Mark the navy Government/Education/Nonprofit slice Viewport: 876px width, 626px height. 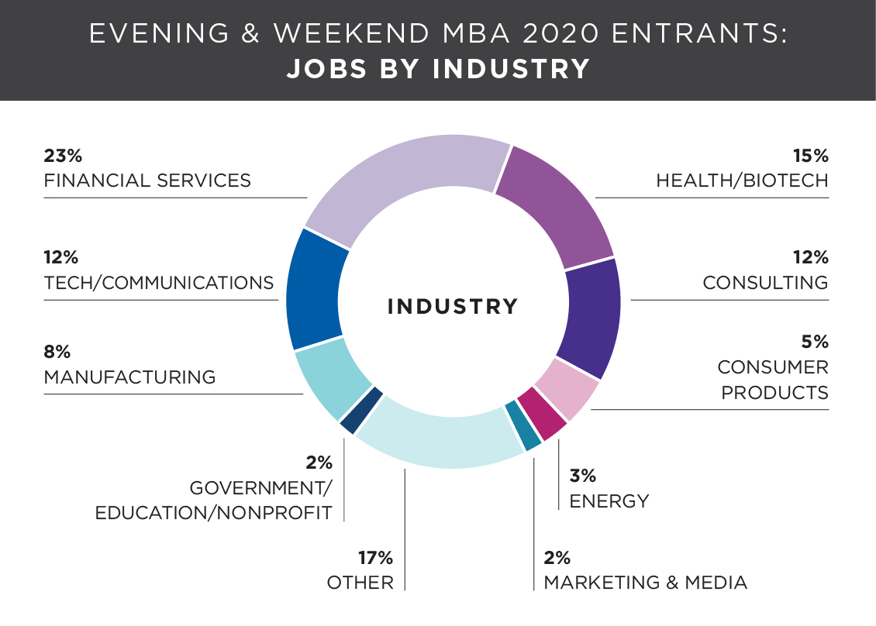pos(360,410)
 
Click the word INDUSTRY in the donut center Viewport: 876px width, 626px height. pos(453,306)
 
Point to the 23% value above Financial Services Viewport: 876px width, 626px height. pos(63,156)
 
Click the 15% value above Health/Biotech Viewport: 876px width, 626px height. pos(810,156)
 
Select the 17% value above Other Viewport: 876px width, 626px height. pos(375,557)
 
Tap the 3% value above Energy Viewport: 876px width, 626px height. pos(582,476)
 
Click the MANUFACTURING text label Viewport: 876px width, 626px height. pos(130,377)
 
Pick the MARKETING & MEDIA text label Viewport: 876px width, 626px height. pos(646,583)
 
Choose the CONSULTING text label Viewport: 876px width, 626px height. pos(765,283)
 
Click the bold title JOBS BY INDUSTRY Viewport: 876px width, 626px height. pos(438,70)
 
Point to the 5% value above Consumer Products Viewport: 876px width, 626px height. pos(814,342)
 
